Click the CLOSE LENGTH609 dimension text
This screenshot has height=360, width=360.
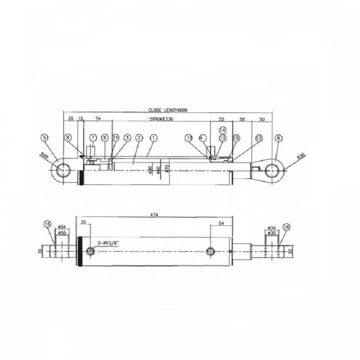tap(167, 110)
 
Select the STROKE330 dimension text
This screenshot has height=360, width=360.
tap(161, 120)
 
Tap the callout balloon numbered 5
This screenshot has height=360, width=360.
tap(44, 137)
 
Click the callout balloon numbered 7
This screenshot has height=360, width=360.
tap(93, 137)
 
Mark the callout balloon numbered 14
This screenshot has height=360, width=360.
tap(222, 130)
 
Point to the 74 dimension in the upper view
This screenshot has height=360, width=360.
tap(98, 120)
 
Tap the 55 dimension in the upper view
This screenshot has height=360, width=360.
tap(221, 120)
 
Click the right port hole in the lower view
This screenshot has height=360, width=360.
tap(210, 252)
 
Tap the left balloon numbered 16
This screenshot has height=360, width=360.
tap(48, 225)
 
